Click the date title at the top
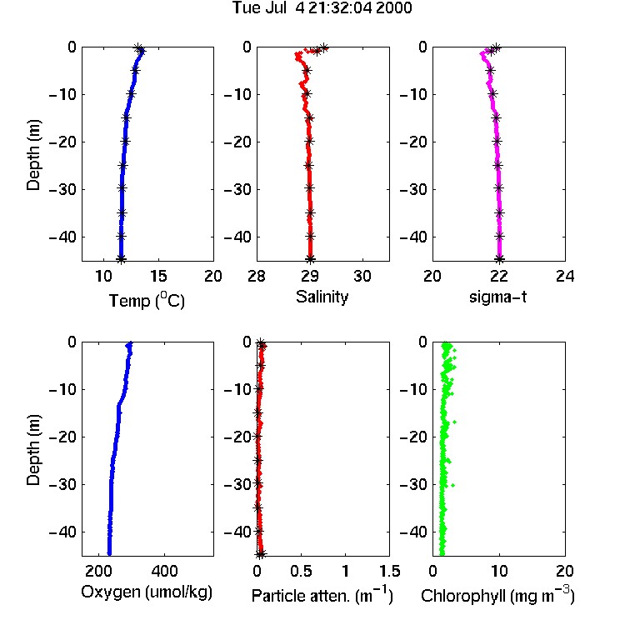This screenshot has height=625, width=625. [x=322, y=7]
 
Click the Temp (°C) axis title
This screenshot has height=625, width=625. [x=147, y=300]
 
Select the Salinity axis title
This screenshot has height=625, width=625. [x=322, y=297]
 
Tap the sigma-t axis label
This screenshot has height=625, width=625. [x=497, y=297]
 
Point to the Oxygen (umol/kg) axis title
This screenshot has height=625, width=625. [x=147, y=592]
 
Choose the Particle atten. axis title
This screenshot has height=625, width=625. [x=322, y=595]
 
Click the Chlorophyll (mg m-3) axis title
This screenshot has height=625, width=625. [x=497, y=595]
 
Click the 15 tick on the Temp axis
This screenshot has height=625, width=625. [x=158, y=276]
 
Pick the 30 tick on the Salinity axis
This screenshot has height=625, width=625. [x=362, y=276]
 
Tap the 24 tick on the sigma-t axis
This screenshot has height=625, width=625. [x=565, y=276]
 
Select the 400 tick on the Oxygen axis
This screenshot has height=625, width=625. [x=164, y=571]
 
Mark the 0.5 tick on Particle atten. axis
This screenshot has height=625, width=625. [x=301, y=571]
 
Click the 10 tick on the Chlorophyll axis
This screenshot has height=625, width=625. [x=498, y=571]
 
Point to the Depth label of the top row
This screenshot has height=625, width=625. [x=33, y=155]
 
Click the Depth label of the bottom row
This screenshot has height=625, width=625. [x=33, y=450]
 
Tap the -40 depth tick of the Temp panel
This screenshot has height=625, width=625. [x=63, y=237]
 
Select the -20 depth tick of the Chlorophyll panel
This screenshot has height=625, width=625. [x=413, y=437]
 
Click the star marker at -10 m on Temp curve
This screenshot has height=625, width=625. [x=131, y=94]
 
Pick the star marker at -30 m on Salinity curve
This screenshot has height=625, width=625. [x=309, y=187]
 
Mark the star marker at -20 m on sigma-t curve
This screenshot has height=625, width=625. [x=497, y=141]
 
